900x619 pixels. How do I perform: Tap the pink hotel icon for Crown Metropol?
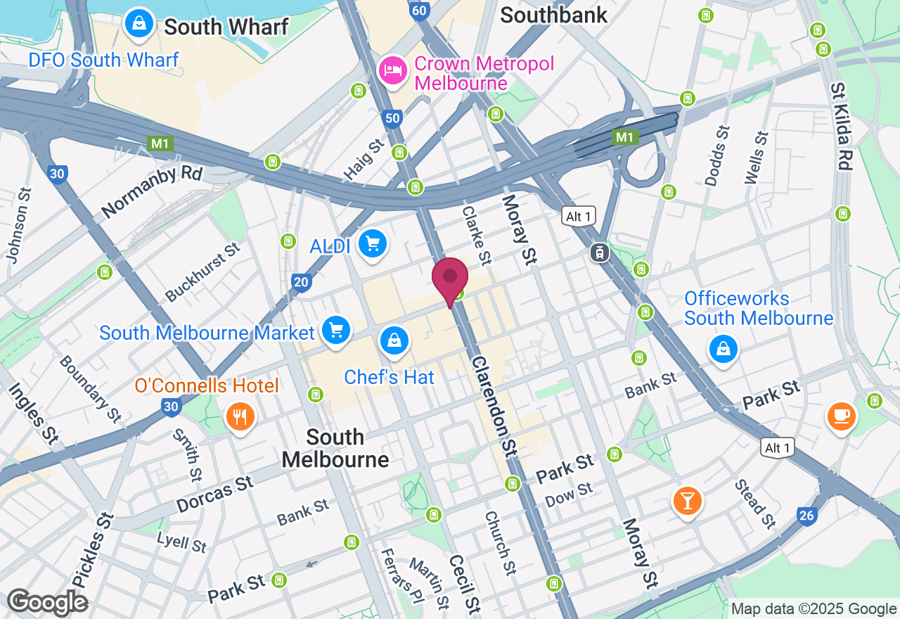[393, 70]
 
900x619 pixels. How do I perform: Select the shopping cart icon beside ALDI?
[372, 244]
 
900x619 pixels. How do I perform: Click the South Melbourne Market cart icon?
[336, 329]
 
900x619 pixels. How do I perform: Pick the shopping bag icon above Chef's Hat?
[395, 340]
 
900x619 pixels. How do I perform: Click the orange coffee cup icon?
[841, 416]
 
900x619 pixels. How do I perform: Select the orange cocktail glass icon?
[687, 501]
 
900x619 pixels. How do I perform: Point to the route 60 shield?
[420, 11]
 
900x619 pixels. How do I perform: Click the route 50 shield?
[392, 119]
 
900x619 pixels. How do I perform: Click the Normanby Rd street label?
[152, 192]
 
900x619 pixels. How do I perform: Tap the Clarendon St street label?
[494, 404]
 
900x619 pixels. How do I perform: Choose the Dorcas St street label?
[214, 494]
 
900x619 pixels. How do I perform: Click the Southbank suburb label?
[553, 15]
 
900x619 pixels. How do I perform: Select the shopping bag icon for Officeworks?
[723, 348]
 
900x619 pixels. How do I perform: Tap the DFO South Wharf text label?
[103, 60]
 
